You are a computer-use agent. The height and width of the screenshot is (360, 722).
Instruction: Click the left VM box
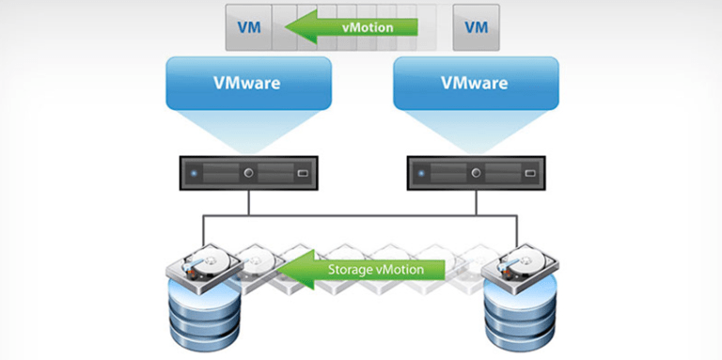(x=249, y=27)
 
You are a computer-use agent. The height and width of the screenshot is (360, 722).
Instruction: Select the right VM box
(x=477, y=27)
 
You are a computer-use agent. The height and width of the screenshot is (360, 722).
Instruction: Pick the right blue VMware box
(x=475, y=83)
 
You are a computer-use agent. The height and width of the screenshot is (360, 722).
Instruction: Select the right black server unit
(x=475, y=173)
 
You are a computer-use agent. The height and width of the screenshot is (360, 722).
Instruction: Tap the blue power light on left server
(x=194, y=174)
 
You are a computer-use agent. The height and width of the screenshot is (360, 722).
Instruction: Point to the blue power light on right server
(x=424, y=174)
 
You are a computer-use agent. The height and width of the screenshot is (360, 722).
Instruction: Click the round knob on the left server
(x=248, y=174)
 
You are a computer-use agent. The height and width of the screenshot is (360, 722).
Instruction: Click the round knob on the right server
(x=478, y=174)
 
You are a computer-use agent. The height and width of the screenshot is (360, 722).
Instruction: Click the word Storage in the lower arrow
(x=353, y=270)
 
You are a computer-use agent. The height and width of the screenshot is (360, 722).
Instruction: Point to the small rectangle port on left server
(x=302, y=174)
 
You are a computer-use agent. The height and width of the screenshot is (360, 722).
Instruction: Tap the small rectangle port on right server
(x=532, y=174)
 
